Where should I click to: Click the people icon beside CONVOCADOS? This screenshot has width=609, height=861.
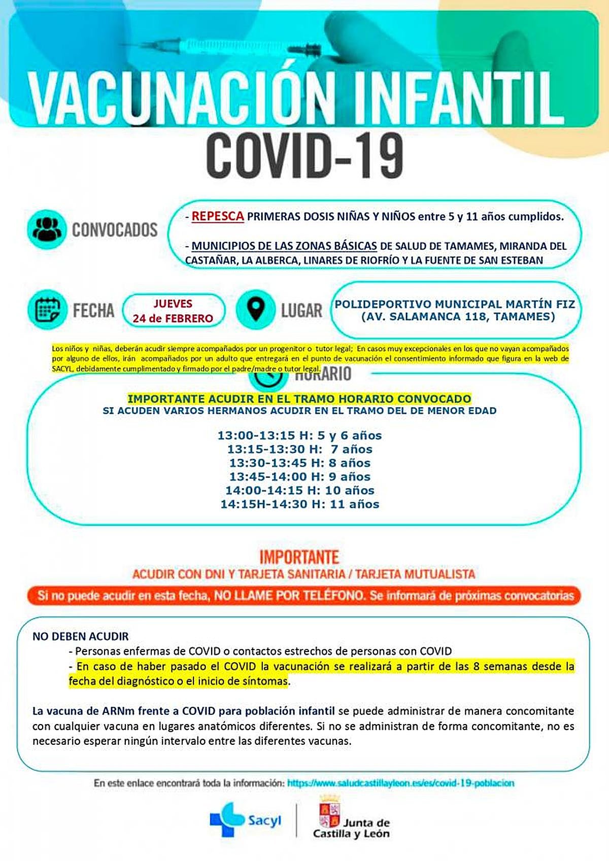47,229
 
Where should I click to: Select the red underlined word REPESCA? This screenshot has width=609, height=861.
218,216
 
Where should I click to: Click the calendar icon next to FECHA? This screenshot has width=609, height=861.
47,309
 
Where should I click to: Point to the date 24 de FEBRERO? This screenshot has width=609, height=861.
173,319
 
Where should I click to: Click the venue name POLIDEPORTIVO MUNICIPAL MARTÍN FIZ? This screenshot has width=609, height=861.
455,304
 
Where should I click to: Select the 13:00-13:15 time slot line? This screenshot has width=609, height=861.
299,435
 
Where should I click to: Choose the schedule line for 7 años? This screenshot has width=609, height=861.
299,449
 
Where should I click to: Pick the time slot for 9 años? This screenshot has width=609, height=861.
299,476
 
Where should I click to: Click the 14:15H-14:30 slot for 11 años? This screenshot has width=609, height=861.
299,504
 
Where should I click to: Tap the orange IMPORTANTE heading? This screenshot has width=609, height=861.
299,557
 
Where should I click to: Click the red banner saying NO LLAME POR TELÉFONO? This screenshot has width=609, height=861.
304,595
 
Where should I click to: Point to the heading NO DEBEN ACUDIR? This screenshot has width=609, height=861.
81,636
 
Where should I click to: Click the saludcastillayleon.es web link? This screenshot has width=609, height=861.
400,783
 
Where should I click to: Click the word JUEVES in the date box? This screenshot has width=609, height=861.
173,304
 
